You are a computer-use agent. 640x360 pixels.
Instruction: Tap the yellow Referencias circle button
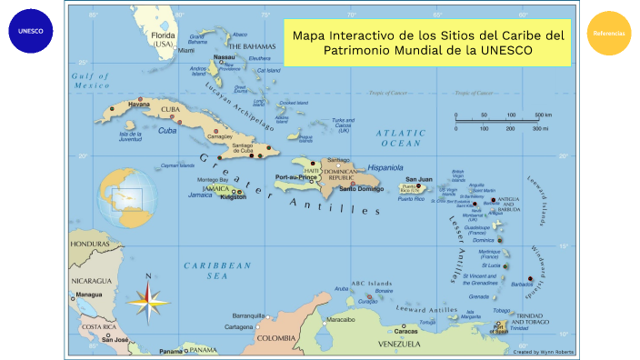click(x=609, y=33)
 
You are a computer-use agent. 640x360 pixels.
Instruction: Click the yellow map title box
click(x=427, y=42)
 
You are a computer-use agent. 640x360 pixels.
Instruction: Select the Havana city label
click(x=139, y=104)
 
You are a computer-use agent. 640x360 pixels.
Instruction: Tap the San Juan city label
click(x=418, y=179)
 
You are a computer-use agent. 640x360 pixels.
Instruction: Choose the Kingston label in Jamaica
click(x=233, y=196)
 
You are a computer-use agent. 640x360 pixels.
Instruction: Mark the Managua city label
click(x=89, y=295)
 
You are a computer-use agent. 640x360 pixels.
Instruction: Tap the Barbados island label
click(x=522, y=284)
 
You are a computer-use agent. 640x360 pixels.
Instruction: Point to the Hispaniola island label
click(x=385, y=167)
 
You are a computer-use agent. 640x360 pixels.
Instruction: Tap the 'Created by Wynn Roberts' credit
click(x=543, y=350)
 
